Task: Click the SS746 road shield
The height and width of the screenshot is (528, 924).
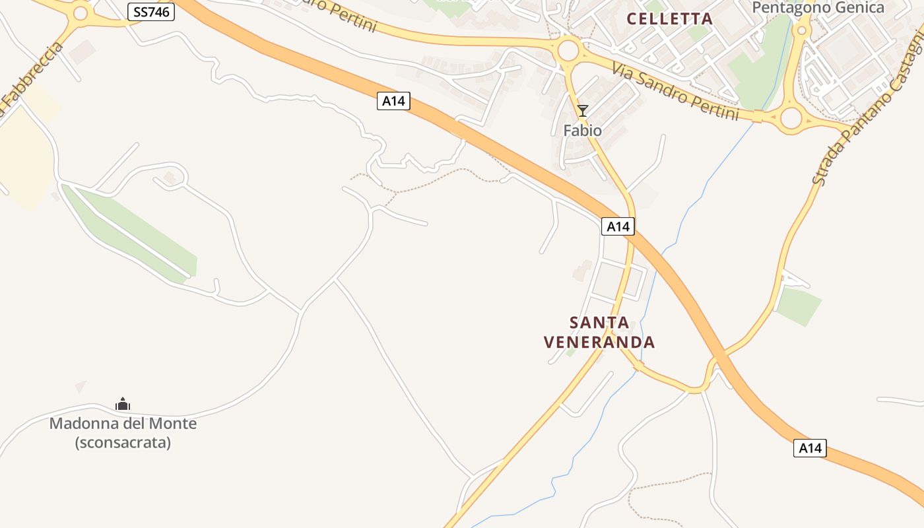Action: point(151,11)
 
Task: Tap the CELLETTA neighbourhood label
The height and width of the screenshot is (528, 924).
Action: point(669,18)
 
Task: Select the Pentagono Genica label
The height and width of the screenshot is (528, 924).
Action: point(818,8)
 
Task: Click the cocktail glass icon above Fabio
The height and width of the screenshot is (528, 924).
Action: point(582,110)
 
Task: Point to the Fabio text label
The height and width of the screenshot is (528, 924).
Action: point(582,131)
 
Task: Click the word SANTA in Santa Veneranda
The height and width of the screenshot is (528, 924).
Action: point(599,323)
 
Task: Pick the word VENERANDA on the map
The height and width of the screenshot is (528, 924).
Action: point(599,342)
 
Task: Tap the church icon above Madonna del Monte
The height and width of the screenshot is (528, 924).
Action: point(123,404)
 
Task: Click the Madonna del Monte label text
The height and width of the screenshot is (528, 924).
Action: point(123,423)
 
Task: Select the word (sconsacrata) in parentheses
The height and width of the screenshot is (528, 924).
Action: point(123,442)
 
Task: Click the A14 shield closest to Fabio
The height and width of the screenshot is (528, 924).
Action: point(618,226)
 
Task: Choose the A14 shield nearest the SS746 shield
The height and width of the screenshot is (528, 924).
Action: point(393,101)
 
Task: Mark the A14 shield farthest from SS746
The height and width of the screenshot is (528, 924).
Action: point(810,448)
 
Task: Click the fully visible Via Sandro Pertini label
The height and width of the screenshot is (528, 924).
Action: point(675,91)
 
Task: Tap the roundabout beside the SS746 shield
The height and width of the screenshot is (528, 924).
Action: point(81,13)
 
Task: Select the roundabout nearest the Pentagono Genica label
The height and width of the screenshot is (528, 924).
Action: point(803,30)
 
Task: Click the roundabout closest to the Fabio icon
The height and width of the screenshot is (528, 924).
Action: point(568,50)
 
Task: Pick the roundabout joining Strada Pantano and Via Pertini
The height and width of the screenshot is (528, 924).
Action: point(791,118)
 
